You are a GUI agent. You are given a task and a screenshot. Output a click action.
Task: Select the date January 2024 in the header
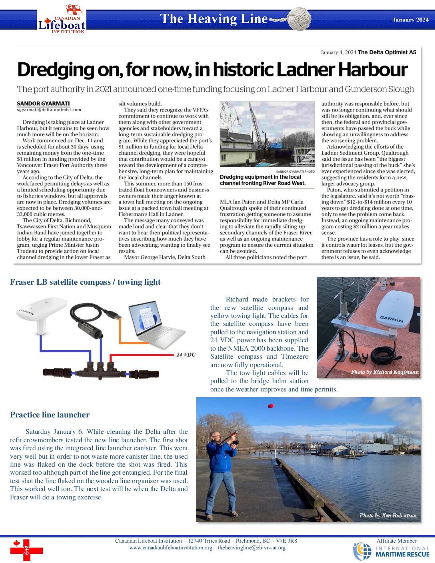coord(410,20)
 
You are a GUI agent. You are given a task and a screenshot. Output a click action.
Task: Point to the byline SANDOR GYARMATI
coord(43,104)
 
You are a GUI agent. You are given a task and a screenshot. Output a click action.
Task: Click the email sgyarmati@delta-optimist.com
coord(49,110)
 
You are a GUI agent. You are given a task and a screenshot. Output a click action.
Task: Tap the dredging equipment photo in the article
coord(267,134)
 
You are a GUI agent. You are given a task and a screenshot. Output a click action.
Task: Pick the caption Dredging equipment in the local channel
coord(262,180)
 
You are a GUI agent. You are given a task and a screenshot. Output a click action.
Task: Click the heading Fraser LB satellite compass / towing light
coord(85,282)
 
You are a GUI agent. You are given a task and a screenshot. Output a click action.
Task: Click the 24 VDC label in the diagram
coord(186,355)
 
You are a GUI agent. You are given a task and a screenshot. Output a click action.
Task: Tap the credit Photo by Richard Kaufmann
coord(385,372)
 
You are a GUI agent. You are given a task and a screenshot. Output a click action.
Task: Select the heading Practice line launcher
coord(50,415)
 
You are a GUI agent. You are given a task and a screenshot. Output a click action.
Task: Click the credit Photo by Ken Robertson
coord(388,516)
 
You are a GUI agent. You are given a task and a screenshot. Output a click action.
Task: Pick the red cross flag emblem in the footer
coord(26,550)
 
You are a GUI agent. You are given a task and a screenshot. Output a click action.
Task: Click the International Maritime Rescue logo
coord(391,551)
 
